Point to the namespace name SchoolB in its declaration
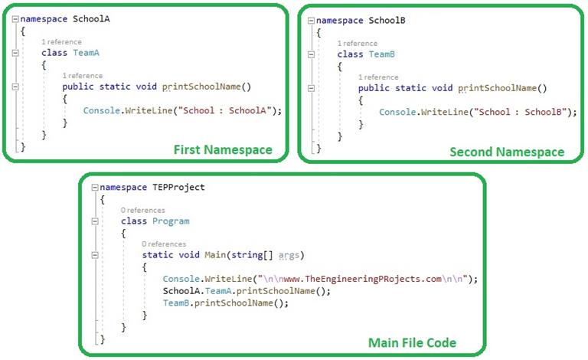tap(386, 21)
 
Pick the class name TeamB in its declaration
tap(381, 54)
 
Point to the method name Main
tap(211, 254)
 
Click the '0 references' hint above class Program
tap(142, 210)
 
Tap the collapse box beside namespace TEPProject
tap(93, 187)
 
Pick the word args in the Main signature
tap(289, 254)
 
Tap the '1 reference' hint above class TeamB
tap(358, 44)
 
